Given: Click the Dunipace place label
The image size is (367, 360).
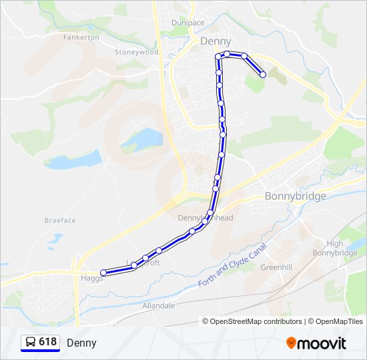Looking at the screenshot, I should click(188, 23).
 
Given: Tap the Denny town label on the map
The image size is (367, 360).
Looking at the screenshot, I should click(216, 41).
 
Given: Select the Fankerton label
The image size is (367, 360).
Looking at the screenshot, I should click(81, 37).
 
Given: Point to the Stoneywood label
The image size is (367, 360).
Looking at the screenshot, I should click(136, 52).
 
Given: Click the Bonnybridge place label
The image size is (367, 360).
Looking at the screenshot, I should click(296, 196).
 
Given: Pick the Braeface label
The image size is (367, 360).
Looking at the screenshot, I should click(60, 221).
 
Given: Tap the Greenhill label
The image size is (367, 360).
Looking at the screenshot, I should click(276, 267).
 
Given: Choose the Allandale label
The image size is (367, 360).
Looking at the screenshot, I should click(158, 305).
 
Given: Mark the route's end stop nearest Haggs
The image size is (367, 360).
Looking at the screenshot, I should click(103, 273).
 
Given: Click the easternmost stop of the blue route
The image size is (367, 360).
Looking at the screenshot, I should click(263, 75).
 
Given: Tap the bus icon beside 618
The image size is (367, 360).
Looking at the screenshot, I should click(31, 342).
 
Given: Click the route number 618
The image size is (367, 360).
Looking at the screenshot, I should click(47, 342).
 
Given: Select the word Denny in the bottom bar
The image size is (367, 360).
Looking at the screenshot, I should click(81, 343).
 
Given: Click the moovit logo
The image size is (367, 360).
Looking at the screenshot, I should click(316, 343).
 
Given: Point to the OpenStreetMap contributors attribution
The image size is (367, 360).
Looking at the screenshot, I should click(252, 321).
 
